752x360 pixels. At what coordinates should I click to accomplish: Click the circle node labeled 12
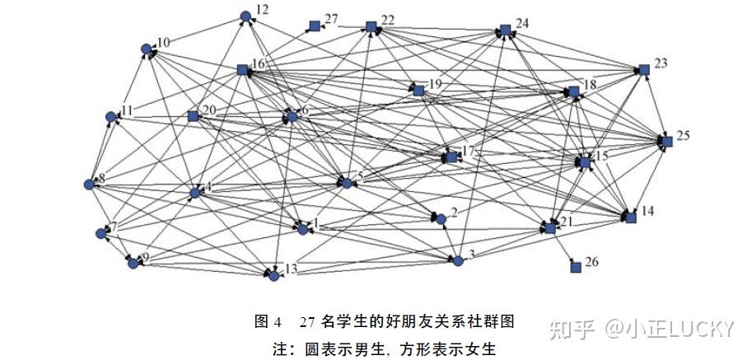tap(245, 16)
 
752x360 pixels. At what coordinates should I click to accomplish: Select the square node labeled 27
tap(314, 26)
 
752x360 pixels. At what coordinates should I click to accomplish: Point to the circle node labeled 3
tap(458, 260)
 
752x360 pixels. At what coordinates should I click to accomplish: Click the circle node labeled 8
tap(89, 184)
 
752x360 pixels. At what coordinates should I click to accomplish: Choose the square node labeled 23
tap(643, 70)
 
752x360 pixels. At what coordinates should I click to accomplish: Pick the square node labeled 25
tap(667, 142)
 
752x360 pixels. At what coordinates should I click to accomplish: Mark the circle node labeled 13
tap(273, 275)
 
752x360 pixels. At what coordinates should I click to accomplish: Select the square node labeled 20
tap(193, 116)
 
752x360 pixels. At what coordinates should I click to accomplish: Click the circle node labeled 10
tap(146, 49)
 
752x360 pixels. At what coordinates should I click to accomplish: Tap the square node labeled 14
tap(631, 217)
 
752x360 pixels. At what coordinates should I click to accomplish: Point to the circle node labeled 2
tap(441, 219)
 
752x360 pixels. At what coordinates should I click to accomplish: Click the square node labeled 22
tap(371, 26)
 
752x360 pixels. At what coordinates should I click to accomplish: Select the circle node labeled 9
tap(132, 263)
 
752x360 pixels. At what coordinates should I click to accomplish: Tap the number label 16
tap(259, 63)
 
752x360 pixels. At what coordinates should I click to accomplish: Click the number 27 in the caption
tap(307, 320)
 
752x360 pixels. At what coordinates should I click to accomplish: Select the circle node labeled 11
tap(111, 117)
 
